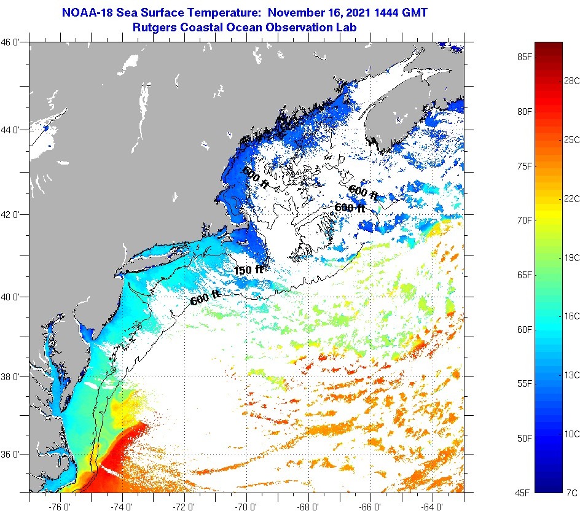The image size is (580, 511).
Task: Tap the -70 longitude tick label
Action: [x=247, y=506]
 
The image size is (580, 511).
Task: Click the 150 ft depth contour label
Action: [x=249, y=269]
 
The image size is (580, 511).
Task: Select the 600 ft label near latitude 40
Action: [x=205, y=298]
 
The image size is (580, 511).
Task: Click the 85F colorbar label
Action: [x=524, y=57]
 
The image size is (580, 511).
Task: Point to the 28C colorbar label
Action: [x=571, y=80]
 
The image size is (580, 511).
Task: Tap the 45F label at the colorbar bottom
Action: [x=524, y=492]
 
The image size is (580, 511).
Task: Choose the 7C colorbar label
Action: [x=571, y=492]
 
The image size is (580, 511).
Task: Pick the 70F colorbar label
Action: [x=524, y=220]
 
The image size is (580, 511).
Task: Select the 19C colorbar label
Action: [x=571, y=257]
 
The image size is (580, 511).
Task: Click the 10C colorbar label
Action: [x=571, y=434]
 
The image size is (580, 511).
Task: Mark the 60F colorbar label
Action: [x=524, y=329]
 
